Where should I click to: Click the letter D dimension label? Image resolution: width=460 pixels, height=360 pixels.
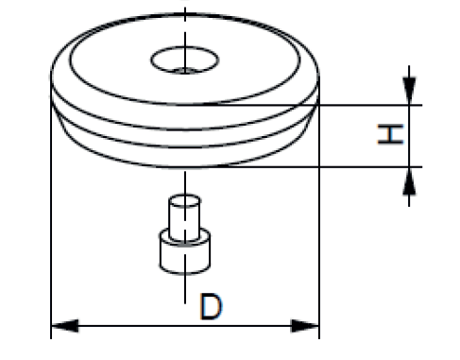click(x=212, y=307)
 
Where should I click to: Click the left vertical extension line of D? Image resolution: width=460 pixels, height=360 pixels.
click(x=49, y=236)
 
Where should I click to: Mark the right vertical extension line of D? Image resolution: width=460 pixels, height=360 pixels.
click(x=319, y=236)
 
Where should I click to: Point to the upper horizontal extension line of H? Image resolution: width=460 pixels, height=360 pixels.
click(x=368, y=104)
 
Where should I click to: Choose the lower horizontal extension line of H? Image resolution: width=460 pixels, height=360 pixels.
click(x=368, y=167)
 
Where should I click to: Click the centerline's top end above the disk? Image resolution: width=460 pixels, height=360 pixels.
click(x=185, y=13)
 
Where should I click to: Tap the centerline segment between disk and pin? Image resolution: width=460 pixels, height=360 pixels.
click(x=185, y=183)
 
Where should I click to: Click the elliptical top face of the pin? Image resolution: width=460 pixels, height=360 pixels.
click(x=183, y=200)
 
